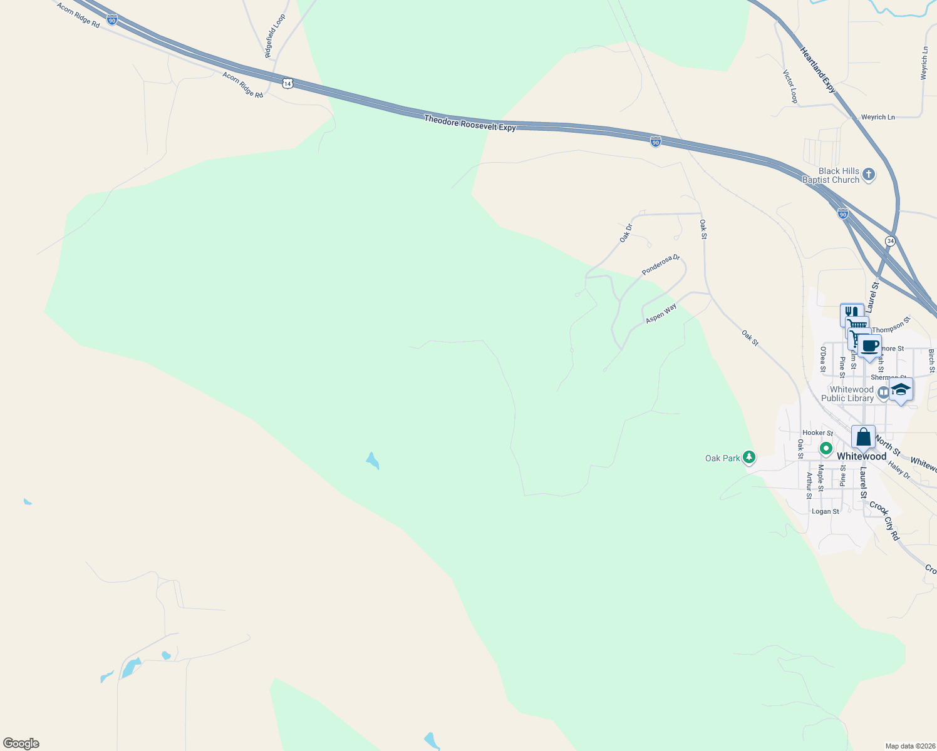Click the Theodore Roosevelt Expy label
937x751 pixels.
[470, 123]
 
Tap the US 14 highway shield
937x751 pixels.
[287, 83]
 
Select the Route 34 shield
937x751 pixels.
[890, 241]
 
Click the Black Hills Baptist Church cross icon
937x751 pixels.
[868, 175]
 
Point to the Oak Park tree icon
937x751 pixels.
[748, 457]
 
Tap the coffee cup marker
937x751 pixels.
[869, 345]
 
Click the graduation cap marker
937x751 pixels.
[901, 389]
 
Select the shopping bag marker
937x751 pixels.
[863, 437]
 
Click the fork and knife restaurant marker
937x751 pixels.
[851, 312]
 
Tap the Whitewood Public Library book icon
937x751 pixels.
[883, 393]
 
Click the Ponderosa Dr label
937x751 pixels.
[660, 265]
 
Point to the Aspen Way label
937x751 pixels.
[661, 314]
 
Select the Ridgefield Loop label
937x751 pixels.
[275, 36]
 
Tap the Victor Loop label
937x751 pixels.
[790, 86]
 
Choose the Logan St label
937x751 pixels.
[825, 511]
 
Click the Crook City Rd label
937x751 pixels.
[884, 521]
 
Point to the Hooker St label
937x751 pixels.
[817, 432]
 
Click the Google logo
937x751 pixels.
[21, 743]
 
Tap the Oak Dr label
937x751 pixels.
[626, 233]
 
